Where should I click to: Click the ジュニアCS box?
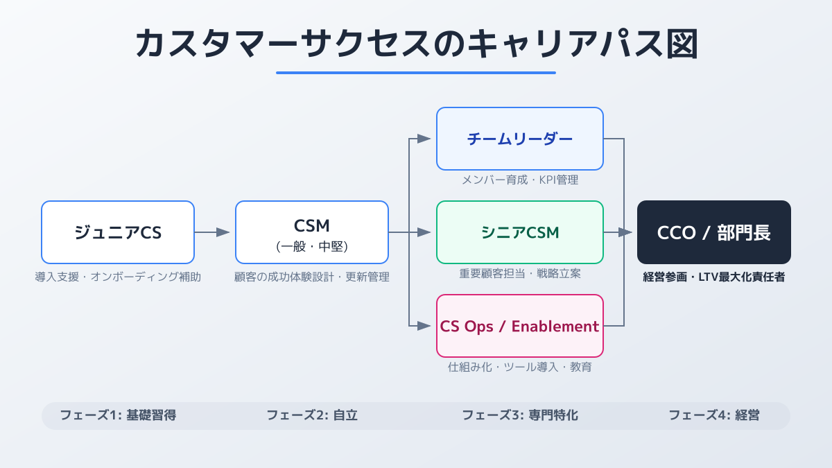pyautogui.click(x=118, y=232)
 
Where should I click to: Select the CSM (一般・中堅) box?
pyautogui.click(x=312, y=232)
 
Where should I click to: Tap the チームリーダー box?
pyautogui.click(x=520, y=139)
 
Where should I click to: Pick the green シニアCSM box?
pyautogui.click(x=520, y=232)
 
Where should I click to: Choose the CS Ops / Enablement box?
pyautogui.click(x=520, y=326)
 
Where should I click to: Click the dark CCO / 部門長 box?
pyautogui.click(x=714, y=232)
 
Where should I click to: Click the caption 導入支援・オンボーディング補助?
pyautogui.click(x=118, y=277)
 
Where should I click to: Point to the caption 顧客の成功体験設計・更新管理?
pyautogui.click(x=312, y=277)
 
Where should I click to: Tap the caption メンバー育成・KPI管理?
pyautogui.click(x=520, y=180)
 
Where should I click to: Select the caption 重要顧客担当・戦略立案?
pyautogui.click(x=520, y=274)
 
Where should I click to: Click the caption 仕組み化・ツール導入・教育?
pyautogui.click(x=520, y=367)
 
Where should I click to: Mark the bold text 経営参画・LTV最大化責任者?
pyautogui.click(x=714, y=277)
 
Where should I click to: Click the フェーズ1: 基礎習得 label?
pyautogui.click(x=118, y=416)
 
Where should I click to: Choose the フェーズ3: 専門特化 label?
pyautogui.click(x=520, y=416)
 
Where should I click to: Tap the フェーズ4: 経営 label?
pyautogui.click(x=714, y=416)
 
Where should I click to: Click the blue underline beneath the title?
pyautogui.click(x=416, y=72)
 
